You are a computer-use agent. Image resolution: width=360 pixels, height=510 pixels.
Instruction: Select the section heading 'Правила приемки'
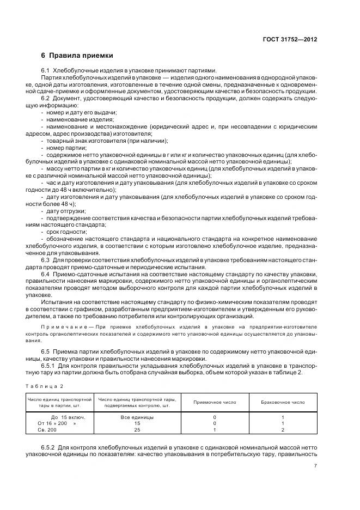[81, 56]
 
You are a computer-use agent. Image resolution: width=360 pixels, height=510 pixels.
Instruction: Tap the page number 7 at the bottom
[316, 465]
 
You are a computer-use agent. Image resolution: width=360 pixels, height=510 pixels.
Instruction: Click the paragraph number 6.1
[46, 70]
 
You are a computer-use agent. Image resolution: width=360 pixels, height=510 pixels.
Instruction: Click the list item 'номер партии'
[67, 148]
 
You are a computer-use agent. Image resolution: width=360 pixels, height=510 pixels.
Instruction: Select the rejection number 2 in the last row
[283, 429]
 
